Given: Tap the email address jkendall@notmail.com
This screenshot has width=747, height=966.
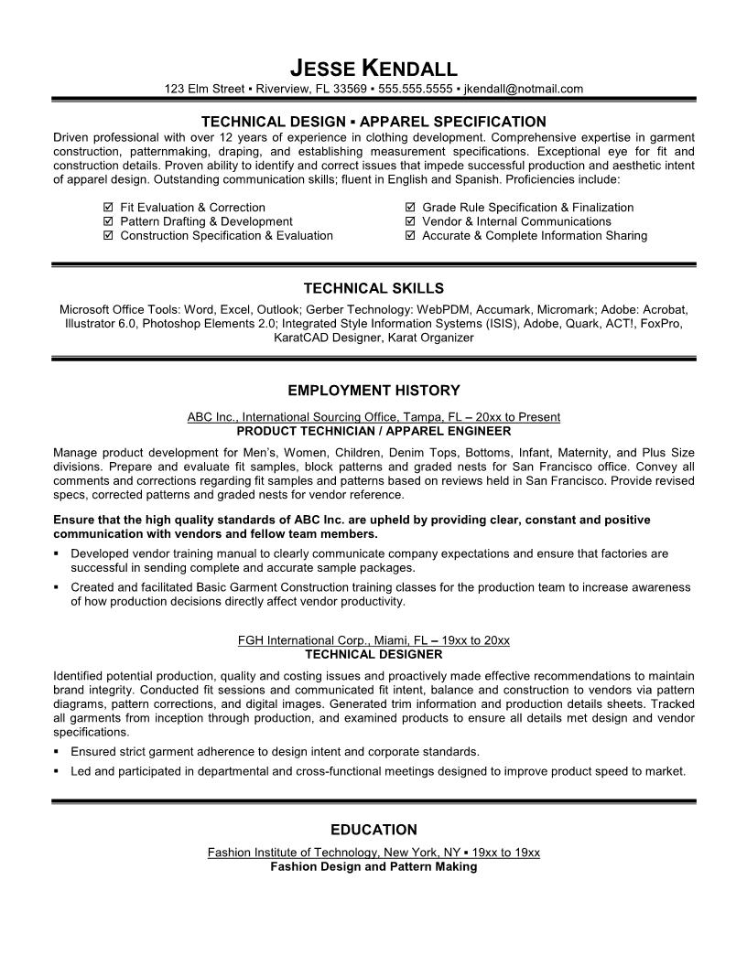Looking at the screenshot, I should tap(524, 89).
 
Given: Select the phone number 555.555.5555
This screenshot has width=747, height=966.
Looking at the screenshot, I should tap(415, 89).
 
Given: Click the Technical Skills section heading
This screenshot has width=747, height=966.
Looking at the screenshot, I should tap(373, 287).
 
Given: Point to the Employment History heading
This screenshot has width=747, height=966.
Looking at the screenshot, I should tap(373, 391).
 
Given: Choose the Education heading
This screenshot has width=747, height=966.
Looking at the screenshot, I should tap(373, 830).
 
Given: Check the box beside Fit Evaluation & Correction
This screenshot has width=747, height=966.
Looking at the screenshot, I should tap(109, 208).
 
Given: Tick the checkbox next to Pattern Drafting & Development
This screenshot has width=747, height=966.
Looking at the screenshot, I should tap(109, 221).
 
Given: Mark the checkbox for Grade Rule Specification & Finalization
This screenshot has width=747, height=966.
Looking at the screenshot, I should tap(410, 208).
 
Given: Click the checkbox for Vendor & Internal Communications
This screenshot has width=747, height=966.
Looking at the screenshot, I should tap(410, 221).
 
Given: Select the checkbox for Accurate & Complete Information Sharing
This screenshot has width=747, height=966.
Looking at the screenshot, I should tap(410, 235).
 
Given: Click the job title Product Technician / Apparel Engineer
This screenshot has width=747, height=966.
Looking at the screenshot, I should tap(373, 430).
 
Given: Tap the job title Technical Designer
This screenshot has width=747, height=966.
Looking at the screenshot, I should tap(373, 654).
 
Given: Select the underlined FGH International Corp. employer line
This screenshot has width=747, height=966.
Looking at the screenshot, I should tap(373, 640).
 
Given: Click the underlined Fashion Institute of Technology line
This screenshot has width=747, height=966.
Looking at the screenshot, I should tap(373, 853).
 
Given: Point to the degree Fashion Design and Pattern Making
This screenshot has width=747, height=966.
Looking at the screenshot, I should tap(373, 866).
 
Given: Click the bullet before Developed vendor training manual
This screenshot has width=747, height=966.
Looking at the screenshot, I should tap(57, 553).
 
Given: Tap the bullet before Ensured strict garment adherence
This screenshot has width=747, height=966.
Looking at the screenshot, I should tap(57, 751).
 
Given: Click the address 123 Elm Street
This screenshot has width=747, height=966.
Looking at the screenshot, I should tap(204, 89).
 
